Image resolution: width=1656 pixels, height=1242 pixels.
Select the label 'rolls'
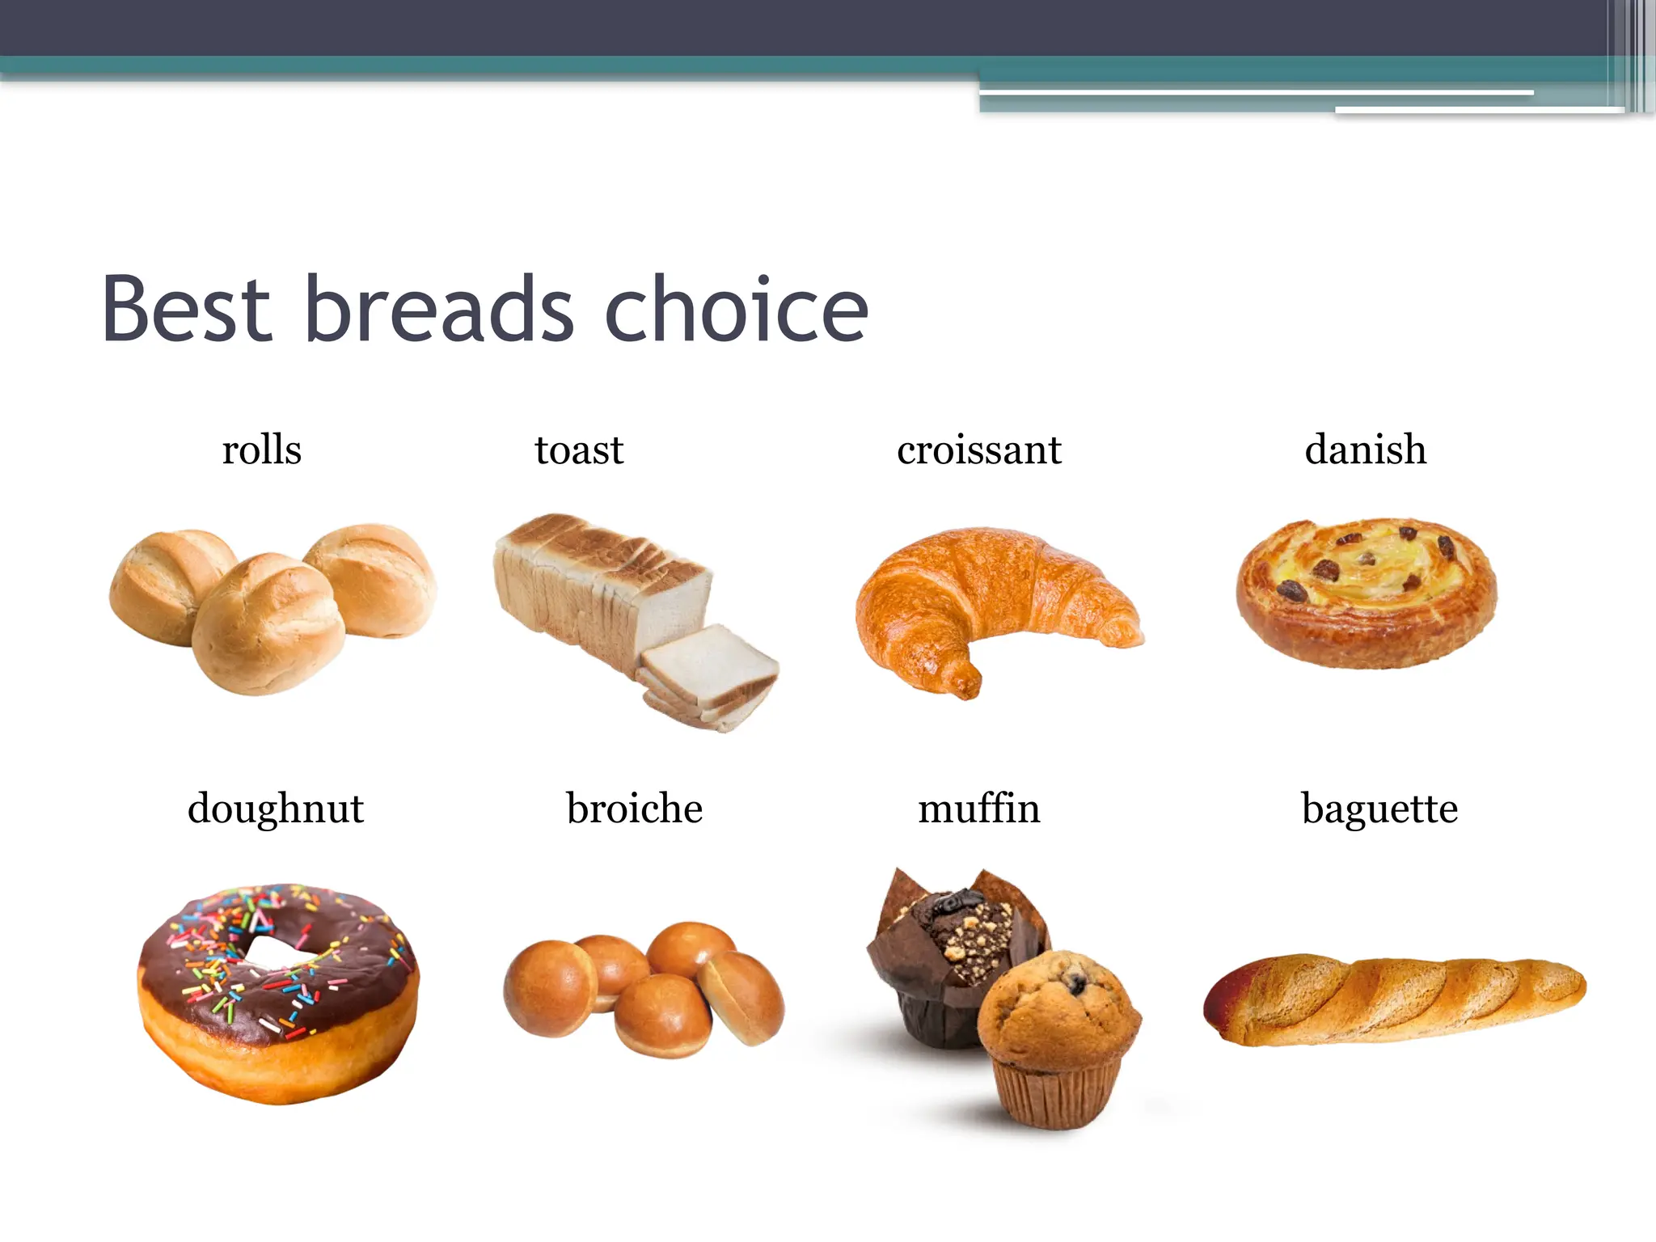pyautogui.click(x=261, y=450)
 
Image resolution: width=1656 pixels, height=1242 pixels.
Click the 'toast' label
pyautogui.click(x=579, y=450)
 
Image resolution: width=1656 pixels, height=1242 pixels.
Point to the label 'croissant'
pyautogui.click(x=978, y=450)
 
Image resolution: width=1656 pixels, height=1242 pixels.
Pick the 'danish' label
pyautogui.click(x=1365, y=450)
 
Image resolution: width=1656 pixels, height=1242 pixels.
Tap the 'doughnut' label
pyautogui.click(x=275, y=809)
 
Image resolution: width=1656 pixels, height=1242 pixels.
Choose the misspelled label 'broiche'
pyautogui.click(x=634, y=809)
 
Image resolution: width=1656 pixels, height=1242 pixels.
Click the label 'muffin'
pyautogui.click(x=978, y=809)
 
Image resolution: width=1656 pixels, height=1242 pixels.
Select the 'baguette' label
pyautogui.click(x=1379, y=809)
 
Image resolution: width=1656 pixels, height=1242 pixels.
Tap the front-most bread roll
pyautogui.click(x=267, y=623)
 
